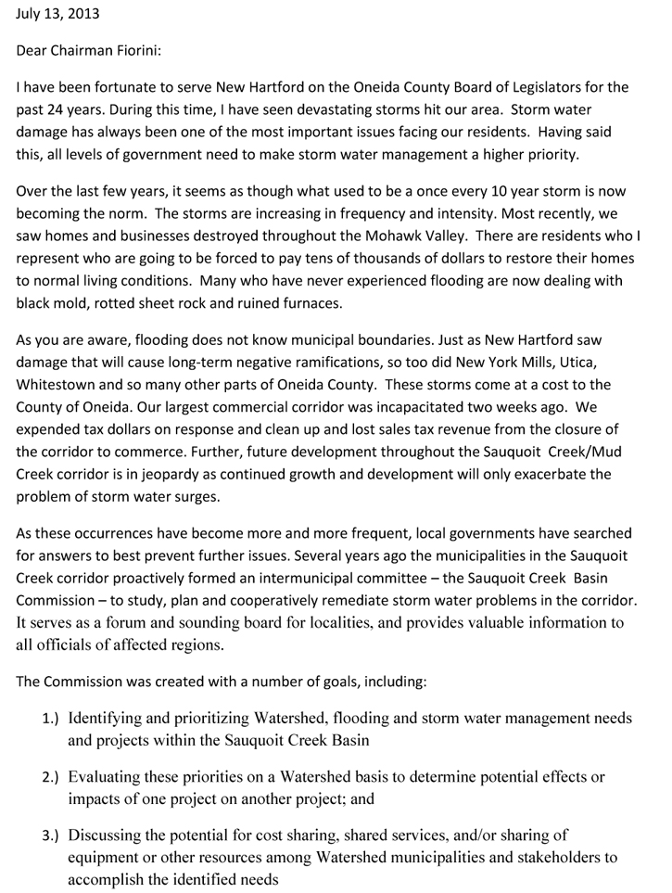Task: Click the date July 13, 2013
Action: pos(58,15)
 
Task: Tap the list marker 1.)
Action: pos(50,718)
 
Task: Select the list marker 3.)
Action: pos(50,834)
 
